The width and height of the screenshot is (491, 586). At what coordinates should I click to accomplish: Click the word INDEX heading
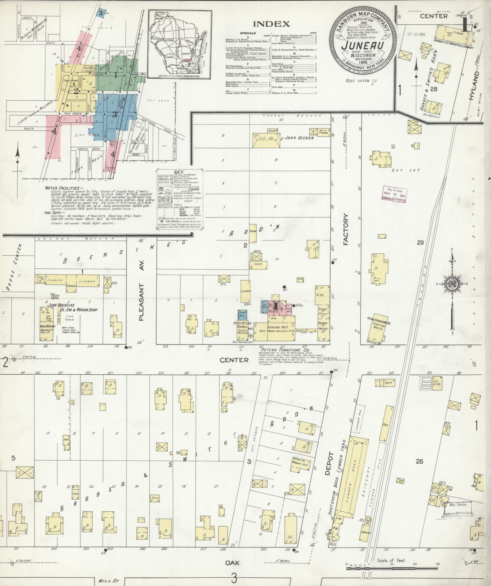tap(271, 24)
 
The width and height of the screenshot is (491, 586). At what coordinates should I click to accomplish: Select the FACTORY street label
tap(346, 229)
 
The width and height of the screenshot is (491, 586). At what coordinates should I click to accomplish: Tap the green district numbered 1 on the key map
tap(115, 74)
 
